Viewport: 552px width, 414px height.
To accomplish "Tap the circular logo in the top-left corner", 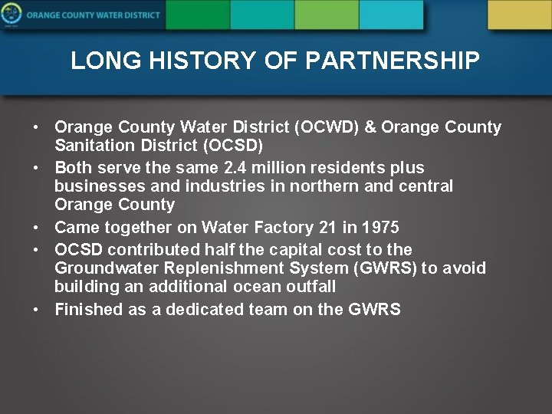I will [x=11, y=15].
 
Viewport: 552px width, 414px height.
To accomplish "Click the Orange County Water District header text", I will [x=93, y=15].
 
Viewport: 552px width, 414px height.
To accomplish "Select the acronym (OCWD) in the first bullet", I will [x=331, y=127].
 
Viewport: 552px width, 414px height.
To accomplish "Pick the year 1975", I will [x=381, y=227].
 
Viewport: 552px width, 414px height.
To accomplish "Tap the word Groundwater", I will [x=104, y=268].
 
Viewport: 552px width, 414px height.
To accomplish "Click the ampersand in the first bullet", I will [x=370, y=127].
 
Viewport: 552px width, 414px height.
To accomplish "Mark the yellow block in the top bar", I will [x=519, y=15].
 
